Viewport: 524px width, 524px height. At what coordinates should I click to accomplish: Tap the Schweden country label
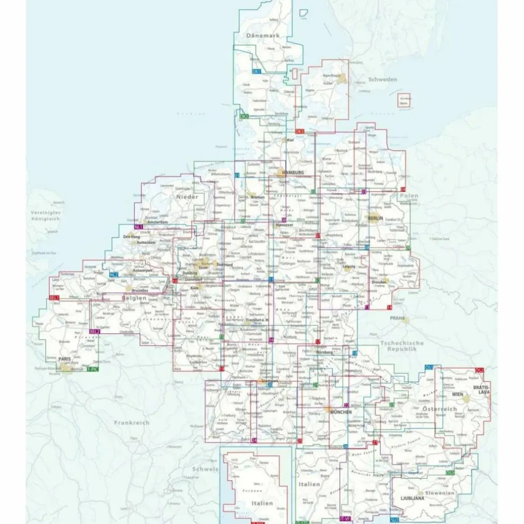point(383,79)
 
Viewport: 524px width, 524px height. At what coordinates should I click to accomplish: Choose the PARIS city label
point(65,359)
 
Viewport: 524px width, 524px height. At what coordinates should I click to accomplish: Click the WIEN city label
point(457,395)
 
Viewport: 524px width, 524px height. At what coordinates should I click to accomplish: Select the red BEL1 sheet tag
point(54,298)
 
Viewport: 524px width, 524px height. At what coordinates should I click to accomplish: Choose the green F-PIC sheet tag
point(93,369)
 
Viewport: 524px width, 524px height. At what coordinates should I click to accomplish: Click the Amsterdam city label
point(158,222)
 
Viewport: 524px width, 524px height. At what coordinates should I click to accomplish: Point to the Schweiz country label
point(206,469)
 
